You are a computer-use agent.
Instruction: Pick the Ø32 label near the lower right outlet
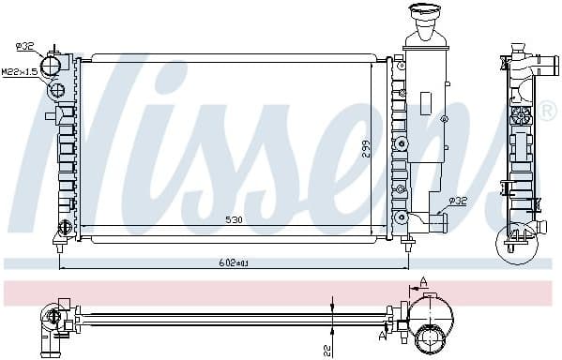point(457,200)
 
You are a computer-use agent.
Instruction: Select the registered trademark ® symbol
point(548,112)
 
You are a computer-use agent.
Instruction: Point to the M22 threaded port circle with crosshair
point(55,90)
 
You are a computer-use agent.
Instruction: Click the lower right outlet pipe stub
point(436,222)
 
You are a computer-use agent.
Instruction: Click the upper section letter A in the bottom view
point(424,281)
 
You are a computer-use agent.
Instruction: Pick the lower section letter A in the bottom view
point(381,334)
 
